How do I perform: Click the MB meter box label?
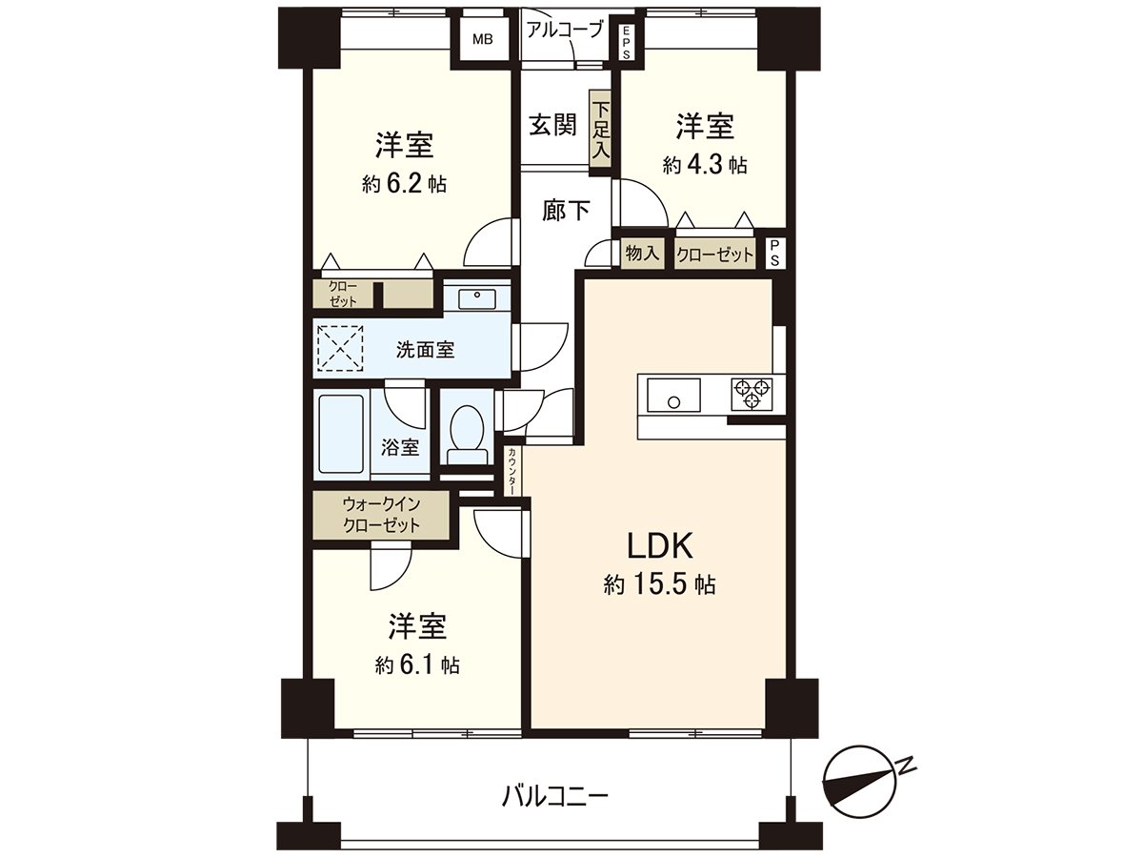[x=484, y=40]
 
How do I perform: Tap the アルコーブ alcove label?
[x=565, y=30]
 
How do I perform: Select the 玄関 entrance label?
[x=551, y=124]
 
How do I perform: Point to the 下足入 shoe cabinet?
[x=600, y=132]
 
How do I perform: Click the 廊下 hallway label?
[x=566, y=211]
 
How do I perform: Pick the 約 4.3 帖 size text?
[x=705, y=165]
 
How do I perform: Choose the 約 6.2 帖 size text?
[x=405, y=184]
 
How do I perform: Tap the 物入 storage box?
[x=642, y=255]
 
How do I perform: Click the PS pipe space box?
[x=776, y=255]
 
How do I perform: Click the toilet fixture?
[x=466, y=434]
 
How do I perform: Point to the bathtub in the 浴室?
[x=341, y=434]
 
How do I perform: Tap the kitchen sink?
[x=673, y=394]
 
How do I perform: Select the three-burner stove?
[x=752, y=394]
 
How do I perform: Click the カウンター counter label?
[x=513, y=471]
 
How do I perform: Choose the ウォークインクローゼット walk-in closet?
[x=381, y=515]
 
